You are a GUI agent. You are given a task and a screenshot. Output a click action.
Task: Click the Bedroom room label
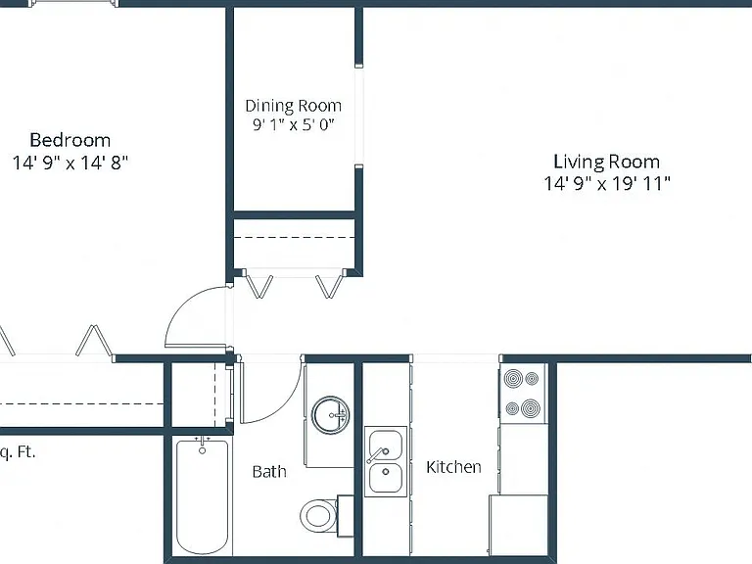pyautogui.click(x=70, y=140)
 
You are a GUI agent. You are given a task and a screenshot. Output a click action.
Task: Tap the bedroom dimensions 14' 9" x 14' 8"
pyautogui.click(x=70, y=164)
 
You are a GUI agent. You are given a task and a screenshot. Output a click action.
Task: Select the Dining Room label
pyautogui.click(x=293, y=106)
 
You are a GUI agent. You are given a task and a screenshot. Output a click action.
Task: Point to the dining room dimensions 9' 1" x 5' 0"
pyautogui.click(x=293, y=124)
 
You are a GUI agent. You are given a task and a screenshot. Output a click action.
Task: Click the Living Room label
pyautogui.click(x=607, y=162)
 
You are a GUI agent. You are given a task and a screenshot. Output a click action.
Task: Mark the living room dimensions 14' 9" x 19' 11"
pyautogui.click(x=607, y=183)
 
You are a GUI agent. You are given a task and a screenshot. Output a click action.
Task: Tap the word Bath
pyautogui.click(x=269, y=471)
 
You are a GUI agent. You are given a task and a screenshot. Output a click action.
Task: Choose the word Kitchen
pyautogui.click(x=453, y=467)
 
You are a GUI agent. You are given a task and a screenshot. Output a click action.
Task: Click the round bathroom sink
pyautogui.click(x=330, y=415)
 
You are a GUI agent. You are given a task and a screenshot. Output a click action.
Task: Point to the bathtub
pyautogui.click(x=202, y=496)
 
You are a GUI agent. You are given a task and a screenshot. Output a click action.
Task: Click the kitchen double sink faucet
pyautogui.click(x=377, y=454)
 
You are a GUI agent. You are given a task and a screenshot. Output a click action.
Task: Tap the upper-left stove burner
pyautogui.click(x=514, y=379)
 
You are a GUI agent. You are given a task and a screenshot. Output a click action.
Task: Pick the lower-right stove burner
pyautogui.click(x=531, y=408)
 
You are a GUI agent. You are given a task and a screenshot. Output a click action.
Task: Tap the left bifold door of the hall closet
pyautogui.click(x=258, y=286)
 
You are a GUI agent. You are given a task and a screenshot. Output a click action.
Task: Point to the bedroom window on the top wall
pyautogui.click(x=73, y=3)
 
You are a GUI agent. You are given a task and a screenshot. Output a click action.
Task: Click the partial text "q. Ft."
pyautogui.click(x=18, y=452)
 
